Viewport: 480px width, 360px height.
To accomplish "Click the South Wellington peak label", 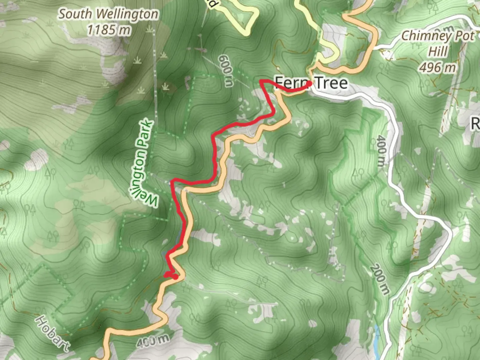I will [x=108, y=14].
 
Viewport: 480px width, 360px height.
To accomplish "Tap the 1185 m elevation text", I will [x=108, y=30].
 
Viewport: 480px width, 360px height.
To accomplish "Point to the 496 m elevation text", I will [x=437, y=68].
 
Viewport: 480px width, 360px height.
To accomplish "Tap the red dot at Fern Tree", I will [x=309, y=84].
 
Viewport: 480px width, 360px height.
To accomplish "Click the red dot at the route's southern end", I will [x=175, y=277].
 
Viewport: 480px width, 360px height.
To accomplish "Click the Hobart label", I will [x=53, y=333].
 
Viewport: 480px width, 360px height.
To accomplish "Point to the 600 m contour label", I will [x=226, y=71].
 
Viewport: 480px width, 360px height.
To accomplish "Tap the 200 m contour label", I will [x=380, y=279].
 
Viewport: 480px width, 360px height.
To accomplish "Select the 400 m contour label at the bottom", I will [x=152, y=341].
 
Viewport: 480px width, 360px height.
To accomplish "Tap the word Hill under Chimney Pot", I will [x=438, y=52].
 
